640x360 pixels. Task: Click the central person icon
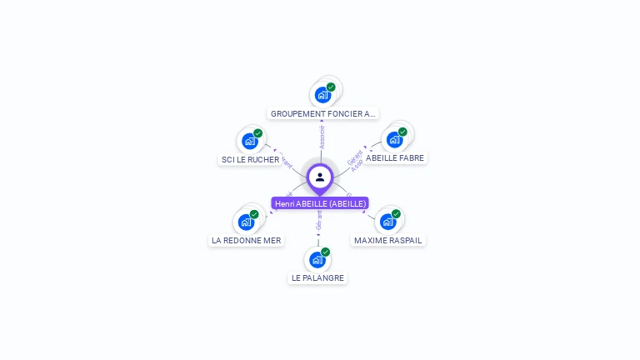pyautogui.click(x=320, y=177)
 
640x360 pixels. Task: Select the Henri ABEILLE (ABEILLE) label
pyautogui.click(x=320, y=203)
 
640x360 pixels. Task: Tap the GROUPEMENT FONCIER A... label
pyautogui.click(x=323, y=113)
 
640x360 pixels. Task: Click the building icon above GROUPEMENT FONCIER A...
pyautogui.click(x=322, y=95)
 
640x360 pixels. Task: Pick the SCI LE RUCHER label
pyautogui.click(x=250, y=159)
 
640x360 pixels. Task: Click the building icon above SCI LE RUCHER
pyautogui.click(x=249, y=141)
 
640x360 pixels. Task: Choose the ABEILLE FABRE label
pyautogui.click(x=395, y=157)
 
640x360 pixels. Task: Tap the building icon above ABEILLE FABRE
pyautogui.click(x=394, y=139)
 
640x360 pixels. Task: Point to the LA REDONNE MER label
pyautogui.click(x=246, y=240)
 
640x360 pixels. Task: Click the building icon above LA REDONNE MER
pyautogui.click(x=246, y=222)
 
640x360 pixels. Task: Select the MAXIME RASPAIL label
pyautogui.click(x=387, y=240)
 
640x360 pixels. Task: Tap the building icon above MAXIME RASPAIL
pyautogui.click(x=387, y=222)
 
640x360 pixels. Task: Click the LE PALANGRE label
pyautogui.click(x=317, y=277)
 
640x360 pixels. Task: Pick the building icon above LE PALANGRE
pyautogui.click(x=317, y=260)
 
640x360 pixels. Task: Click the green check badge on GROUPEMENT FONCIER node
pyautogui.click(x=331, y=87)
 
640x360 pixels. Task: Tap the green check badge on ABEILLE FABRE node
pyautogui.click(x=402, y=132)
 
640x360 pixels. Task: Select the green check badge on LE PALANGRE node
pyautogui.click(x=325, y=252)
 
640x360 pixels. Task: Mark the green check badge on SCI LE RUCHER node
pyautogui.click(x=257, y=133)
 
